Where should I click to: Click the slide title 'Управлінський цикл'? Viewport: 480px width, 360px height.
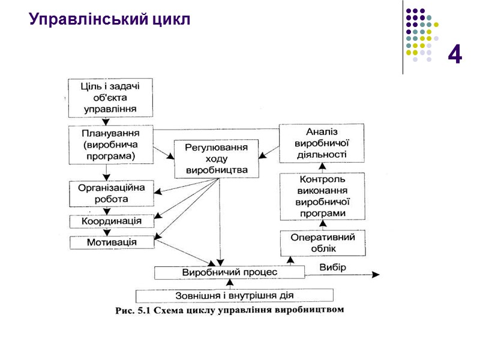click(x=109, y=20)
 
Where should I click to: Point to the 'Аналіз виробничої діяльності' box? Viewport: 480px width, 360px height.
click(x=322, y=143)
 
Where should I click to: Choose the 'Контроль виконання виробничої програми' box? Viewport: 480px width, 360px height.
click(x=322, y=196)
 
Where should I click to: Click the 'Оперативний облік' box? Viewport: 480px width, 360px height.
click(x=322, y=243)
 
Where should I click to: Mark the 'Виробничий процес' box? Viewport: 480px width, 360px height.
click(x=229, y=272)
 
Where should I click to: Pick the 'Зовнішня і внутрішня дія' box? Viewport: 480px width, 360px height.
click(x=234, y=295)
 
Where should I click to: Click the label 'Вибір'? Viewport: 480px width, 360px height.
click(x=332, y=267)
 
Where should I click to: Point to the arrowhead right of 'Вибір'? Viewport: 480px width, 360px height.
click(x=376, y=275)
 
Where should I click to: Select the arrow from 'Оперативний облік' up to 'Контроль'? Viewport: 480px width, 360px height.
click(x=322, y=226)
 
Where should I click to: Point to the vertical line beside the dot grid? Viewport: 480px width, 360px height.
click(x=403, y=37)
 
